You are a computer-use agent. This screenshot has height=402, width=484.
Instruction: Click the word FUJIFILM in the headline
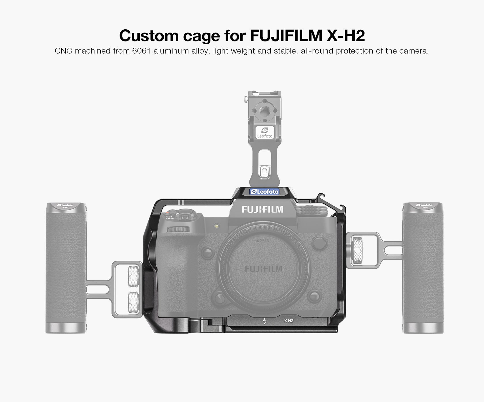point(286,35)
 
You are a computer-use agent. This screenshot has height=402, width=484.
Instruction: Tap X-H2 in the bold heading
point(346,35)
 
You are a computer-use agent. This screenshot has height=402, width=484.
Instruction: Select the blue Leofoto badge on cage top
point(264,191)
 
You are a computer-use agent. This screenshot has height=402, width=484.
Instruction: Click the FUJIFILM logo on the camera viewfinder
point(262,209)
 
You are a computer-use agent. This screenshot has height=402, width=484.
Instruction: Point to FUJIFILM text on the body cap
point(263,269)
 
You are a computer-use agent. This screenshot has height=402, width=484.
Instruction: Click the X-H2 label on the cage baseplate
point(289,321)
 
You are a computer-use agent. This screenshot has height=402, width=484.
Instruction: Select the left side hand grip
point(66,268)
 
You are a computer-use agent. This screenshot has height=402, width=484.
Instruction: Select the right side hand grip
point(423,268)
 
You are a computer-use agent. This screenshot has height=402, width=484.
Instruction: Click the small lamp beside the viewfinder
point(216,226)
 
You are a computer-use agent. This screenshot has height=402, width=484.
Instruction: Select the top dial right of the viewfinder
point(312,211)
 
